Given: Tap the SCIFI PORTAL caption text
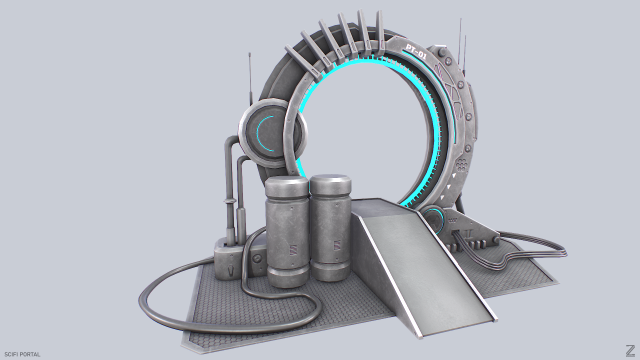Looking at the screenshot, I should (x=21, y=353).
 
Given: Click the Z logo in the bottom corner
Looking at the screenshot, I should (x=626, y=349).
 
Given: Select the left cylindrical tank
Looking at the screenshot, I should (x=288, y=235).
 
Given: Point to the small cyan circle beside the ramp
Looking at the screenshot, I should (x=436, y=219).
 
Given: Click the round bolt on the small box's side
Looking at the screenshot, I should (x=258, y=259).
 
